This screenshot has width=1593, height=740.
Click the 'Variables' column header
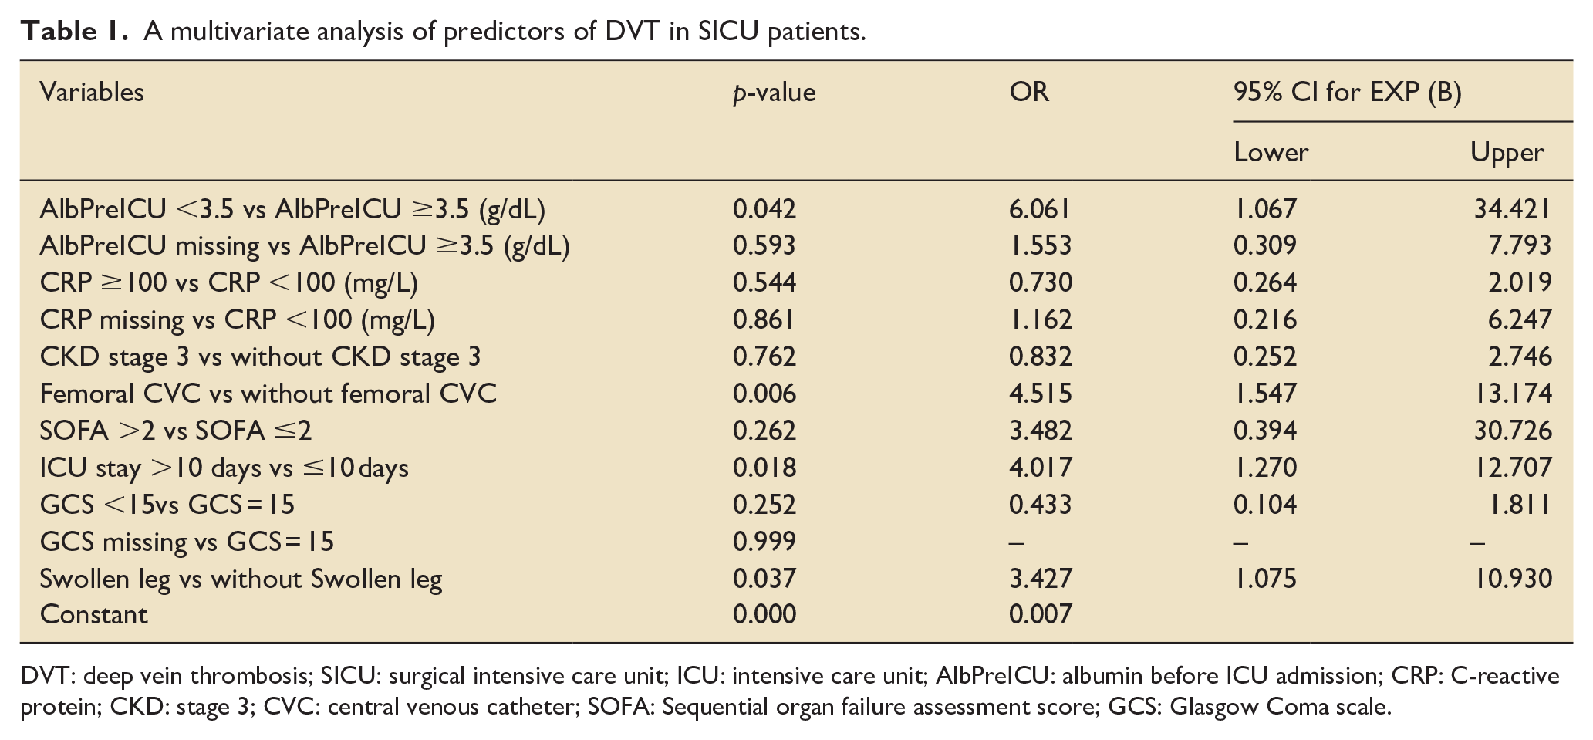92,93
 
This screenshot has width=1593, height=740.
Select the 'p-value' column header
775,93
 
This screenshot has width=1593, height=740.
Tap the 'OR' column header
1029,93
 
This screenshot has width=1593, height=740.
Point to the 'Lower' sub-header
1271,152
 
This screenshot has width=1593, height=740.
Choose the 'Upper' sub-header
1507,153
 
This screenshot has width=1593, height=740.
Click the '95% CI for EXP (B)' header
1347,93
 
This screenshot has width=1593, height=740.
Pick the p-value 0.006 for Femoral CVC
764,394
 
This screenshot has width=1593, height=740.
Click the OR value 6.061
1040,208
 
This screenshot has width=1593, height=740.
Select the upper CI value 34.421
1512,208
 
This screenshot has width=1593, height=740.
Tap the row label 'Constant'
93,614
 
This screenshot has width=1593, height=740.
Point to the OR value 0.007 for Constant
1041,614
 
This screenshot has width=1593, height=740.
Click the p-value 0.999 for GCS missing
764,541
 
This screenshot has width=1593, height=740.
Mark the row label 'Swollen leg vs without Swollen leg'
241,579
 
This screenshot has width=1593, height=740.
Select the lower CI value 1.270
1265,468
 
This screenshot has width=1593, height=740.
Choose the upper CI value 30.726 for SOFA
1512,431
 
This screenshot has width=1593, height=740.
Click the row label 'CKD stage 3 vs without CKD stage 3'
260,356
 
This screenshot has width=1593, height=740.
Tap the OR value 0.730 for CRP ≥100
1041,282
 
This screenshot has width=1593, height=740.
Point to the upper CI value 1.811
1519,505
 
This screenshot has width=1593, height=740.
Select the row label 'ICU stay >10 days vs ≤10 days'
224,468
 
